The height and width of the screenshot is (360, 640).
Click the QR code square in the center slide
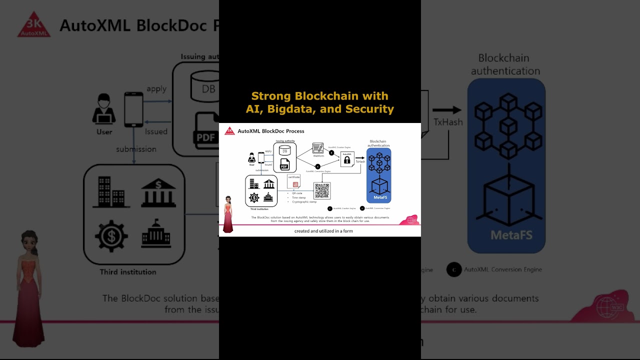[322, 190]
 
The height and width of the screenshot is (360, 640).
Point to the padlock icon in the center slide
[347, 160]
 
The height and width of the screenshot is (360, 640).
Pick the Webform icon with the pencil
[318, 148]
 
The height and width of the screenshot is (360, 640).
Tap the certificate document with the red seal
[294, 181]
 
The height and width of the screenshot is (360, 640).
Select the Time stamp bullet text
[299, 197]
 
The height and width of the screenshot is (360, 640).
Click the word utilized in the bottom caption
[323, 231]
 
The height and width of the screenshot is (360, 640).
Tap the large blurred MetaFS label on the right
[511, 235]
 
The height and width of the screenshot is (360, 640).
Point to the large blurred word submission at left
[136, 149]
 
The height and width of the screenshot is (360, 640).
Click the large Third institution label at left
[128, 272]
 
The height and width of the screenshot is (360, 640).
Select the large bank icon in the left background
[158, 192]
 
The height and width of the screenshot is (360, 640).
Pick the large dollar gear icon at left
[111, 235]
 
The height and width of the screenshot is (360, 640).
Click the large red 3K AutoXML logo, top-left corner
[34, 25]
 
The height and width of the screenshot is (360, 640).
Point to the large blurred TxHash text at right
[447, 122]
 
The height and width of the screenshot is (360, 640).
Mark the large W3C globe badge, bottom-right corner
[606, 306]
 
